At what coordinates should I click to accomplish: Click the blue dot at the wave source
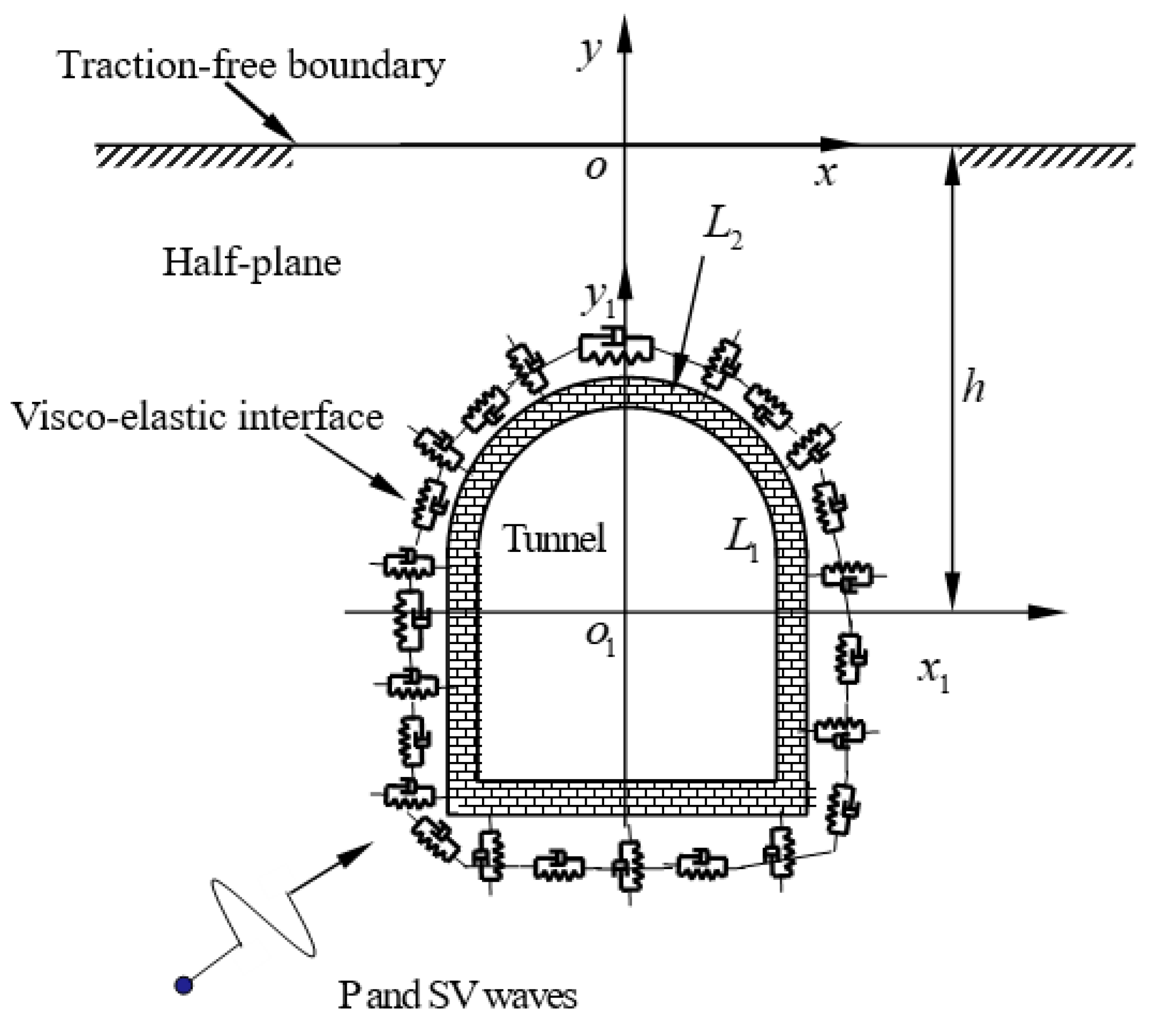[x=184, y=985]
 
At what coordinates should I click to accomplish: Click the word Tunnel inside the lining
[x=555, y=538]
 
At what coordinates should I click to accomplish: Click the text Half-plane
[x=252, y=263]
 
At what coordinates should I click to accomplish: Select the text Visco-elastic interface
[x=197, y=417]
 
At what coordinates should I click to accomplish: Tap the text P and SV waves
[x=458, y=996]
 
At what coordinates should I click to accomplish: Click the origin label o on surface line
[x=595, y=169]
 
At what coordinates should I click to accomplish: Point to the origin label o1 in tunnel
[x=599, y=639]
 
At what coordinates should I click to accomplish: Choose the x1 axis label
[x=934, y=675]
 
